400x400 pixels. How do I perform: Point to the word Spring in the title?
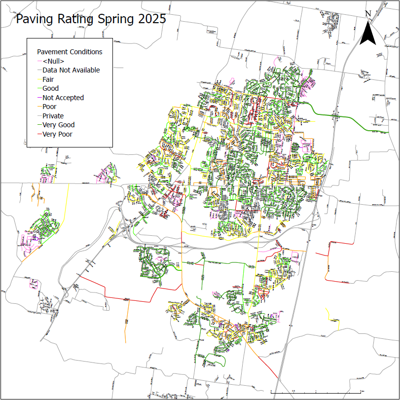(x=111, y=20)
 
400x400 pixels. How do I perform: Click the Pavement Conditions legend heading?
(x=70, y=52)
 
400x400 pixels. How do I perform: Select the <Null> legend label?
(x=53, y=61)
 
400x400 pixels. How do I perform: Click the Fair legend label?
(x=48, y=79)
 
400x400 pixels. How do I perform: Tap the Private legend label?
(x=53, y=116)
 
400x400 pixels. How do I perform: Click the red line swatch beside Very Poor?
(x=39, y=134)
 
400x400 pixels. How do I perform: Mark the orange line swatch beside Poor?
(x=39, y=107)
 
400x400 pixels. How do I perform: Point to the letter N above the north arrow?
(x=368, y=13)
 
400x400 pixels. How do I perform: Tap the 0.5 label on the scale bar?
(x=294, y=391)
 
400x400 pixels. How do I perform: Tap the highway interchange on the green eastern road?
(x=336, y=116)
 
